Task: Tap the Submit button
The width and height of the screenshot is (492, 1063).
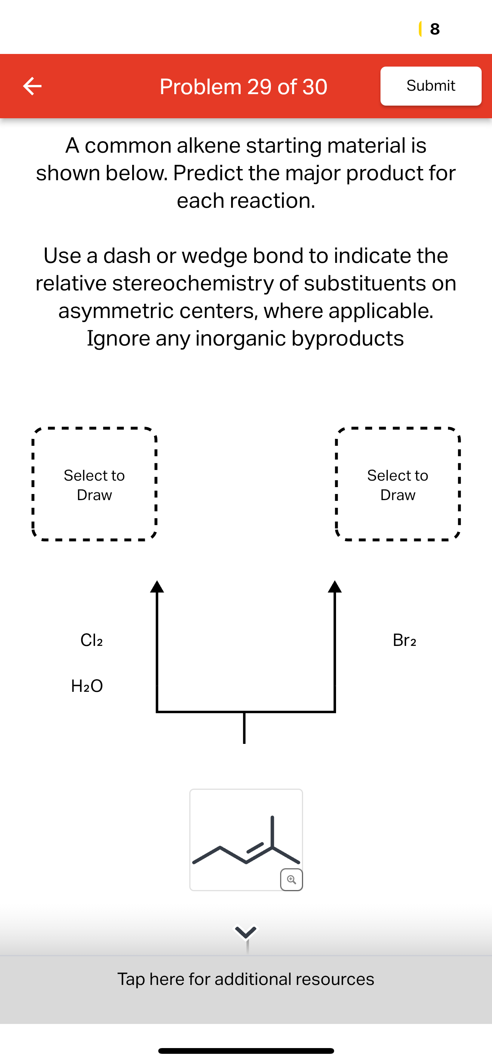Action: click(430, 86)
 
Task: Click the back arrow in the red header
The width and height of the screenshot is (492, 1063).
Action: click(32, 86)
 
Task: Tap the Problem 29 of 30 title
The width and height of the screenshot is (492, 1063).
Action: click(243, 86)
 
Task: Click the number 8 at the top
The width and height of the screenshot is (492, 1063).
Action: click(435, 29)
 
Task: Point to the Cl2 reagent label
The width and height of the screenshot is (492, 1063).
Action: click(92, 640)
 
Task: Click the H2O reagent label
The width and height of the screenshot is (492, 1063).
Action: click(87, 686)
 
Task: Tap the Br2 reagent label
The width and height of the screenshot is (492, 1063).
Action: click(404, 640)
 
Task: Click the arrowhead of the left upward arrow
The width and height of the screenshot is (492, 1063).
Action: click(157, 587)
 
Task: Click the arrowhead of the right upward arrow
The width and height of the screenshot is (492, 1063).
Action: click(335, 587)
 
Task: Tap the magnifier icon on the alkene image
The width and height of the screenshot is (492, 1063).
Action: click(291, 879)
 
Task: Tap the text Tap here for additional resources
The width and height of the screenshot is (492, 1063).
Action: click(246, 979)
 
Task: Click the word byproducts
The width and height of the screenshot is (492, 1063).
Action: click(348, 338)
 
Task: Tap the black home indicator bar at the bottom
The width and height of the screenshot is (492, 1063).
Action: click(246, 1050)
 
